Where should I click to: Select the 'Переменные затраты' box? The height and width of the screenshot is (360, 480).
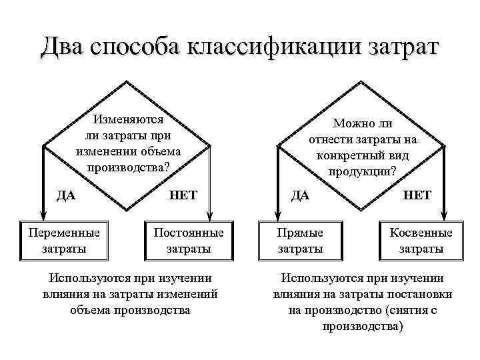tap(64, 241)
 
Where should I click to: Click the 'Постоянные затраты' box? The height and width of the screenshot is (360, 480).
tap(189, 241)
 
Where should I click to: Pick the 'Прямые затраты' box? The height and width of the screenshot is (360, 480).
tap(300, 241)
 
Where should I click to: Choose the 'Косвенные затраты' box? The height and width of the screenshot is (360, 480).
tap(421, 241)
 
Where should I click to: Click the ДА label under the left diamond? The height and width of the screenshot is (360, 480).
tap(65, 195)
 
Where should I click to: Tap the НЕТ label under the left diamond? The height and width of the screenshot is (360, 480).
tap(183, 195)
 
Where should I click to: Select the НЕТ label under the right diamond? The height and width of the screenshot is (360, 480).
tap(418, 195)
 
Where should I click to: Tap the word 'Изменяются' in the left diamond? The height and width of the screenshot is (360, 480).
tap(129, 121)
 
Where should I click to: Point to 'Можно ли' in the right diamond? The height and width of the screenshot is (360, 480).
tap(363, 125)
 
